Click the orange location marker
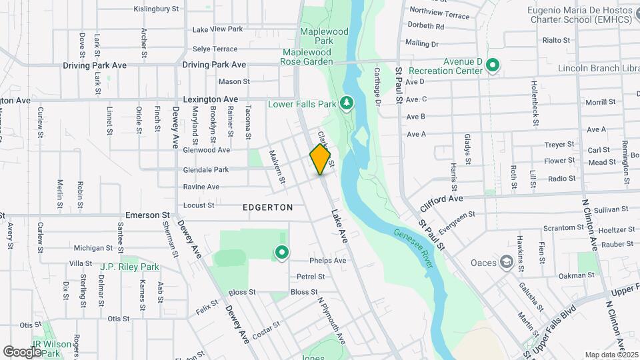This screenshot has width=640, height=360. coord(321,159)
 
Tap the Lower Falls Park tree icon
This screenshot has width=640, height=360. coord(346,103)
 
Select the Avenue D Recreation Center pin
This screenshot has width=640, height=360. coord(493,65)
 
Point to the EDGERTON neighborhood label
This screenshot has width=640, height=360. coord(268,207)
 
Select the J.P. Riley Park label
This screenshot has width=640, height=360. coord(130,267)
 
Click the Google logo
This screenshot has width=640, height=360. coord(22,351)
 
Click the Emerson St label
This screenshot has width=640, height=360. coord(147,215)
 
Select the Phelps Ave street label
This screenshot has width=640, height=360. coord(328,260)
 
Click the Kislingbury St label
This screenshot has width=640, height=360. coord(157,9)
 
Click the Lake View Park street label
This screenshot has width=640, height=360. coord(217,29)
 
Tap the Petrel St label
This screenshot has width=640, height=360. coord(311,276)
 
